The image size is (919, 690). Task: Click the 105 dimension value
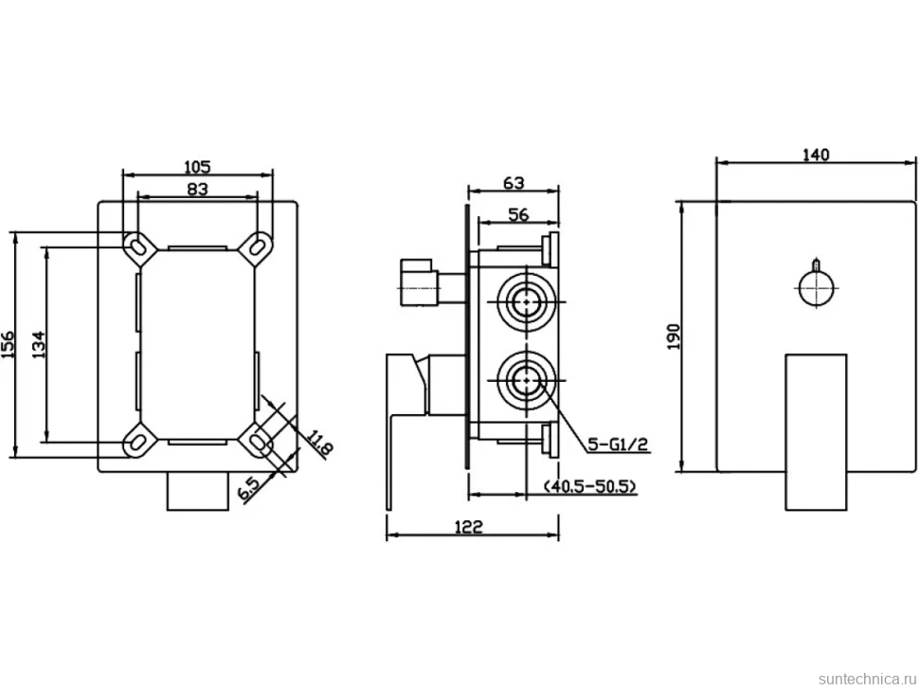click(197, 167)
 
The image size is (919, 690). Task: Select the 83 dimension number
click(197, 189)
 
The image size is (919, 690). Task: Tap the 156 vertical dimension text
click(8, 345)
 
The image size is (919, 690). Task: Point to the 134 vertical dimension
click(39, 345)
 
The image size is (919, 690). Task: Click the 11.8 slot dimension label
click(320, 445)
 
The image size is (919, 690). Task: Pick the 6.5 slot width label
click(248, 488)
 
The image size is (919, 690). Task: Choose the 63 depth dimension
click(514, 183)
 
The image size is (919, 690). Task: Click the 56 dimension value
click(518, 214)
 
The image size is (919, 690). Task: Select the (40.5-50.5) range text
click(589, 486)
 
